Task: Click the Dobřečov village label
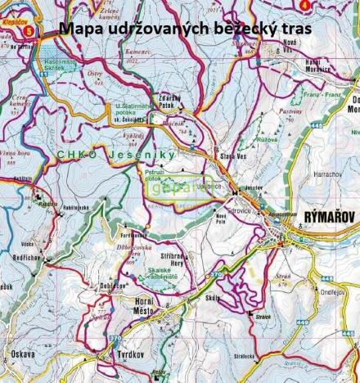tap(113, 286)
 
